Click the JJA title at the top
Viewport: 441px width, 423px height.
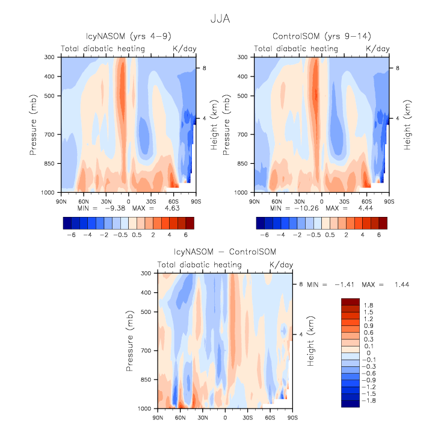click(220, 19)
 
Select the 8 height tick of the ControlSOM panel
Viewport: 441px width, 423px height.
click(396, 69)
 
